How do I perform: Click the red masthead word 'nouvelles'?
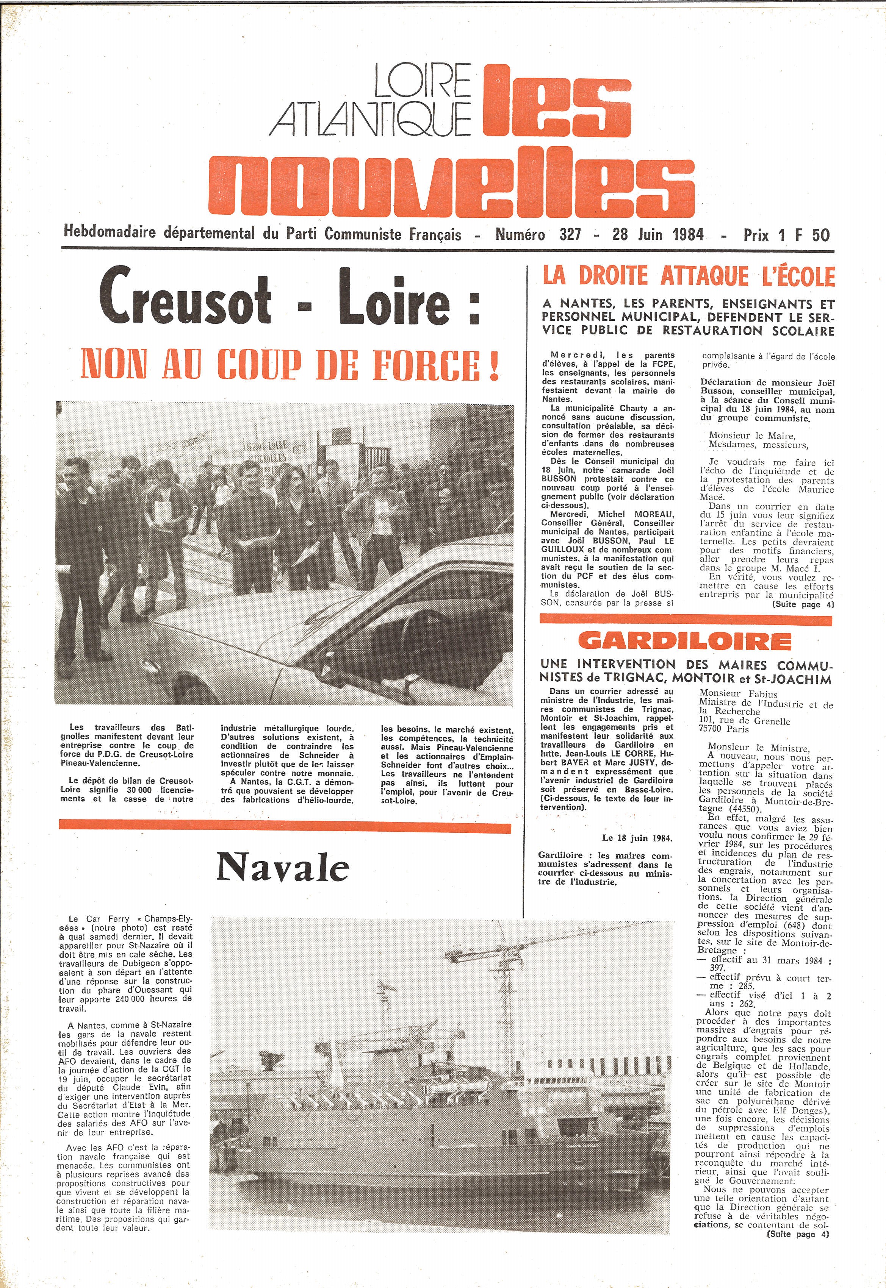451,180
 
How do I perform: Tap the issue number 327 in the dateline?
570,235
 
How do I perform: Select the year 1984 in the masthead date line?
688,235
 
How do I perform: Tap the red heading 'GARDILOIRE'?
684,641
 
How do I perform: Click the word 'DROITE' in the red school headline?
614,276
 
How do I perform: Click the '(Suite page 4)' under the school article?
803,605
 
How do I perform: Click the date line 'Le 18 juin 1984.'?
637,838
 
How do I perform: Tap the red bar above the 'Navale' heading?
284,826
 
